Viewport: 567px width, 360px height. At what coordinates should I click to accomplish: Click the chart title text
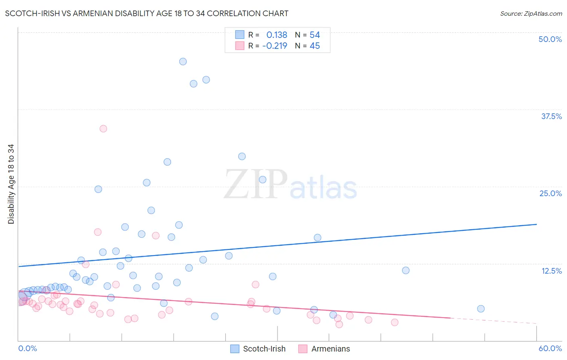coord(146,13)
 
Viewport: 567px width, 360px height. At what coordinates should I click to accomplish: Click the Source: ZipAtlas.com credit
coord(531,13)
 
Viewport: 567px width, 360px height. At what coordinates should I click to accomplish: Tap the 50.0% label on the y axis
coord(550,39)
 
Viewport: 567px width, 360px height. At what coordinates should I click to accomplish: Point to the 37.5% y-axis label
coord(551,116)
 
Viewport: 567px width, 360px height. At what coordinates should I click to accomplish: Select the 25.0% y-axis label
coord(550,193)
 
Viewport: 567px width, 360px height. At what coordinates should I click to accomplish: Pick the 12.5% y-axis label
coord(551,271)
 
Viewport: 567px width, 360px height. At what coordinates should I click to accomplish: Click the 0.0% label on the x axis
coord(27,348)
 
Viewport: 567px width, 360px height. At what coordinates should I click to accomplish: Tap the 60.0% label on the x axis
coord(550,348)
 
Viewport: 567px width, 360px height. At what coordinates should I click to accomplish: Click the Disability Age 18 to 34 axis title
coord(11,184)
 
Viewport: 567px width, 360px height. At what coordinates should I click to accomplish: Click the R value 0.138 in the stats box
coord(277,35)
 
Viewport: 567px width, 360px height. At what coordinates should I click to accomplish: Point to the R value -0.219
coord(275,46)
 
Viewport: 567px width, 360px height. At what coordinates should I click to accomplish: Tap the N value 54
coord(315,35)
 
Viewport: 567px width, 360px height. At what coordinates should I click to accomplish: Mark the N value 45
coord(315,46)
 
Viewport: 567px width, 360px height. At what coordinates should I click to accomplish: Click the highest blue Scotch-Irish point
coord(183,62)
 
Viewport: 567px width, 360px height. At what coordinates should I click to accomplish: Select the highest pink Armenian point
coord(103,129)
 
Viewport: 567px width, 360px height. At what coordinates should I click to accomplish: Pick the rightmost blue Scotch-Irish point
coord(481,309)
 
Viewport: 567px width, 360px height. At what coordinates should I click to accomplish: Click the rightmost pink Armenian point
coord(394,322)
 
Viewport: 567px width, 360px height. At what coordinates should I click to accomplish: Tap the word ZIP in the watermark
coord(256,185)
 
